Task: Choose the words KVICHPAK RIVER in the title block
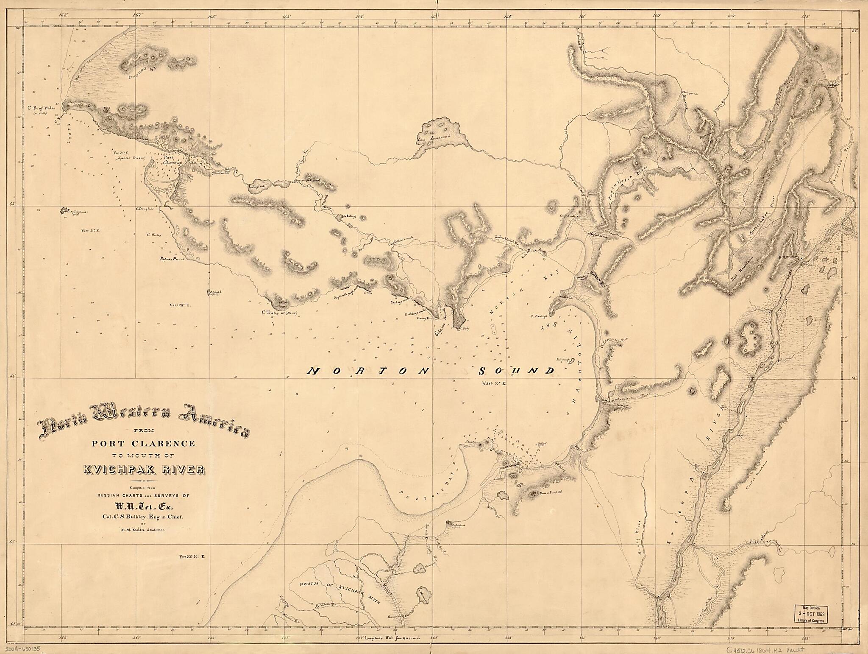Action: click(x=144, y=470)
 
